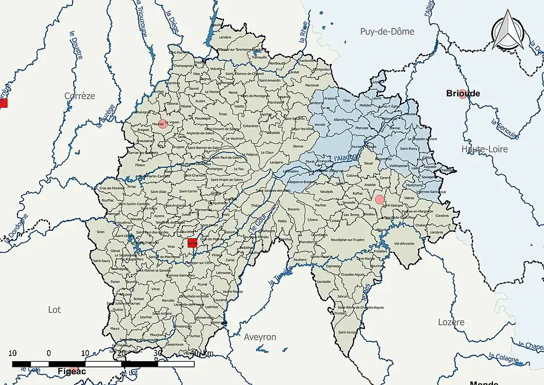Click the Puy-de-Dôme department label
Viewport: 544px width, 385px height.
point(387,32)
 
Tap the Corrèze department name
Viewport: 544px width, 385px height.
point(80,96)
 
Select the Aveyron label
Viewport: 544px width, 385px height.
point(260,337)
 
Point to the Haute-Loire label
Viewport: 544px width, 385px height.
point(484,149)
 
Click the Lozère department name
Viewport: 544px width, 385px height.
point(451,322)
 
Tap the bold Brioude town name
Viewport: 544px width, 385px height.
point(463,92)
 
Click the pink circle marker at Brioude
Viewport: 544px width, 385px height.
point(463,94)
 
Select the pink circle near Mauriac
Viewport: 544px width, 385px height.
point(163,124)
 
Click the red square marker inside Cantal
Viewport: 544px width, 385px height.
point(192,243)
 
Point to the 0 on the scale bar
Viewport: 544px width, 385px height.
point(49,353)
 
